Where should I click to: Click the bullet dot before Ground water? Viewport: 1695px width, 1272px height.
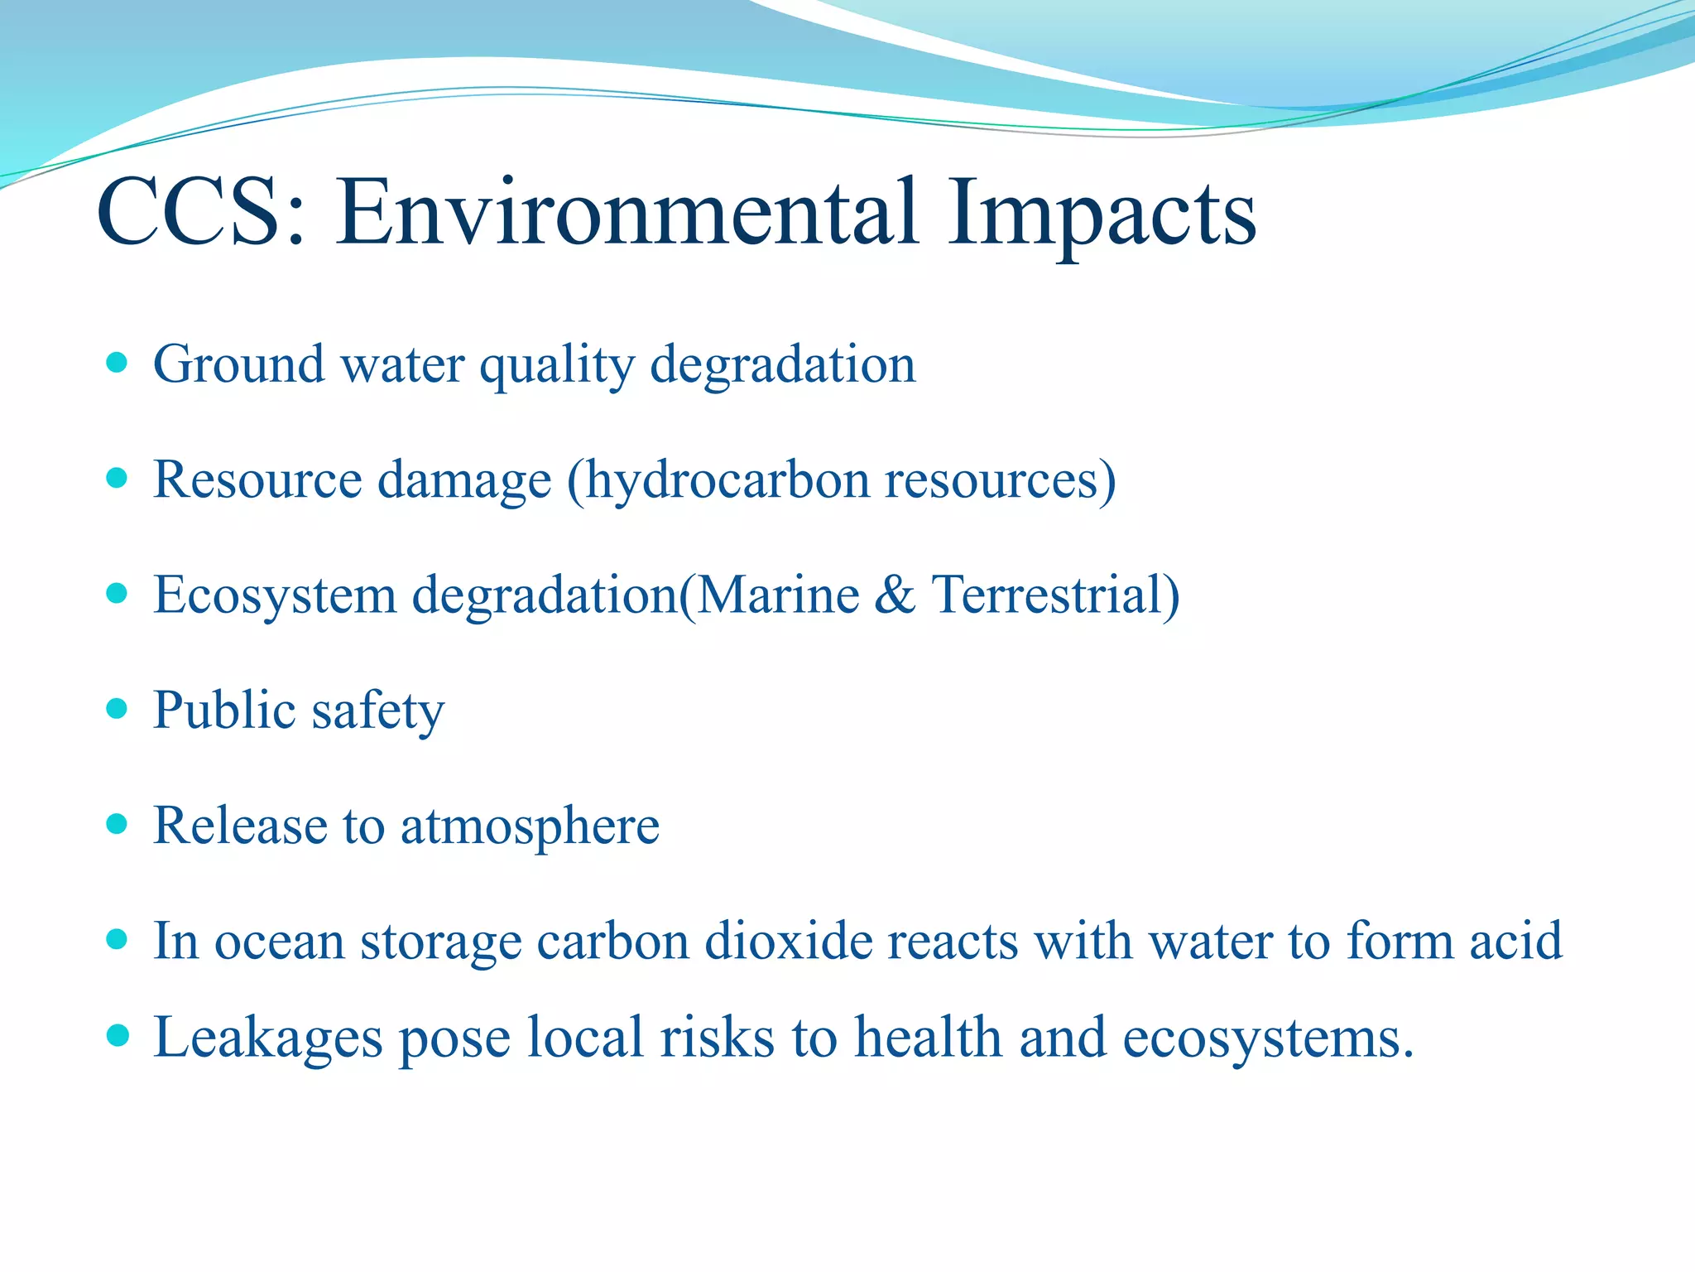118,363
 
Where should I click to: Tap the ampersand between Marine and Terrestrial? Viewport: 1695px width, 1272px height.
895,595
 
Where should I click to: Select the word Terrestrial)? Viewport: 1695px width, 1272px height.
1055,595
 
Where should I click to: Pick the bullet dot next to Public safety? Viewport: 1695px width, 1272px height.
118,709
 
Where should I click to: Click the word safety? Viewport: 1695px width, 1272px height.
378,711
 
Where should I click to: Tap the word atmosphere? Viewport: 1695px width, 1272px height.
530,826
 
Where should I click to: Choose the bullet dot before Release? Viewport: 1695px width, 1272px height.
118,824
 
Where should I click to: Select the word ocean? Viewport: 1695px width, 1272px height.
279,941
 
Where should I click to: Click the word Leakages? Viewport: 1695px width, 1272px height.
268,1038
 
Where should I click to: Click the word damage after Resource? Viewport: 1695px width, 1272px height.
464,480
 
